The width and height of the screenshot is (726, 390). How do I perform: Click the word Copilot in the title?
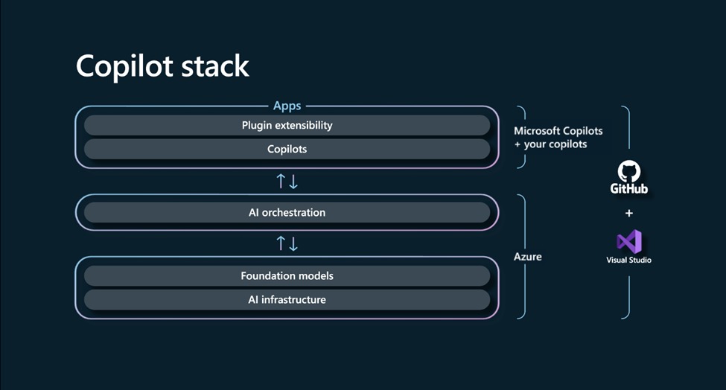point(126,66)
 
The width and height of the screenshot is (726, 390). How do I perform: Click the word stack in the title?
point(216,66)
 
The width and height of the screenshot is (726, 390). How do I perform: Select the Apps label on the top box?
point(287,106)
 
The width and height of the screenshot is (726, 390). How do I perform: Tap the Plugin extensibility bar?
point(287,125)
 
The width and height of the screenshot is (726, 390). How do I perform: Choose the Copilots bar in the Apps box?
point(287,149)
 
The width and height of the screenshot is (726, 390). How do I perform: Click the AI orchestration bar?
point(287,212)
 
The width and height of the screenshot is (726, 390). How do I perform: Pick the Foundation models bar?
point(287,275)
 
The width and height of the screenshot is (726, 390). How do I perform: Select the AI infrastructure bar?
point(287,299)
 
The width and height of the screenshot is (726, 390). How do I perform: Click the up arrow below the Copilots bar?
point(281,181)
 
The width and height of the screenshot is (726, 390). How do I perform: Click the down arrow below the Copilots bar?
point(293,181)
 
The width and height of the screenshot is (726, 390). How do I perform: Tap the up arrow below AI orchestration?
point(281,243)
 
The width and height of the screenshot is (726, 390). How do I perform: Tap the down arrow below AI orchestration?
point(293,243)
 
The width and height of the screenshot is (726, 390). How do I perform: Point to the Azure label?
point(527,256)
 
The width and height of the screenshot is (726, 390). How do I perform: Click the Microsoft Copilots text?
point(558,131)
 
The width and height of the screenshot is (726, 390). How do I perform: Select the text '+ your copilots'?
point(550,144)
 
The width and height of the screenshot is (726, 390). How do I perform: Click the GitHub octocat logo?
point(628,171)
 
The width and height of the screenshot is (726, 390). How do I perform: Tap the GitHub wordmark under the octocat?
point(628,189)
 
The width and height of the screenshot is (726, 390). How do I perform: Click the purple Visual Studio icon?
point(628,241)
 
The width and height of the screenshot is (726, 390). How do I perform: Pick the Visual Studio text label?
point(628,260)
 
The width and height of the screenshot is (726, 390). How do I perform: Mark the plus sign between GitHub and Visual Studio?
point(628,214)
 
